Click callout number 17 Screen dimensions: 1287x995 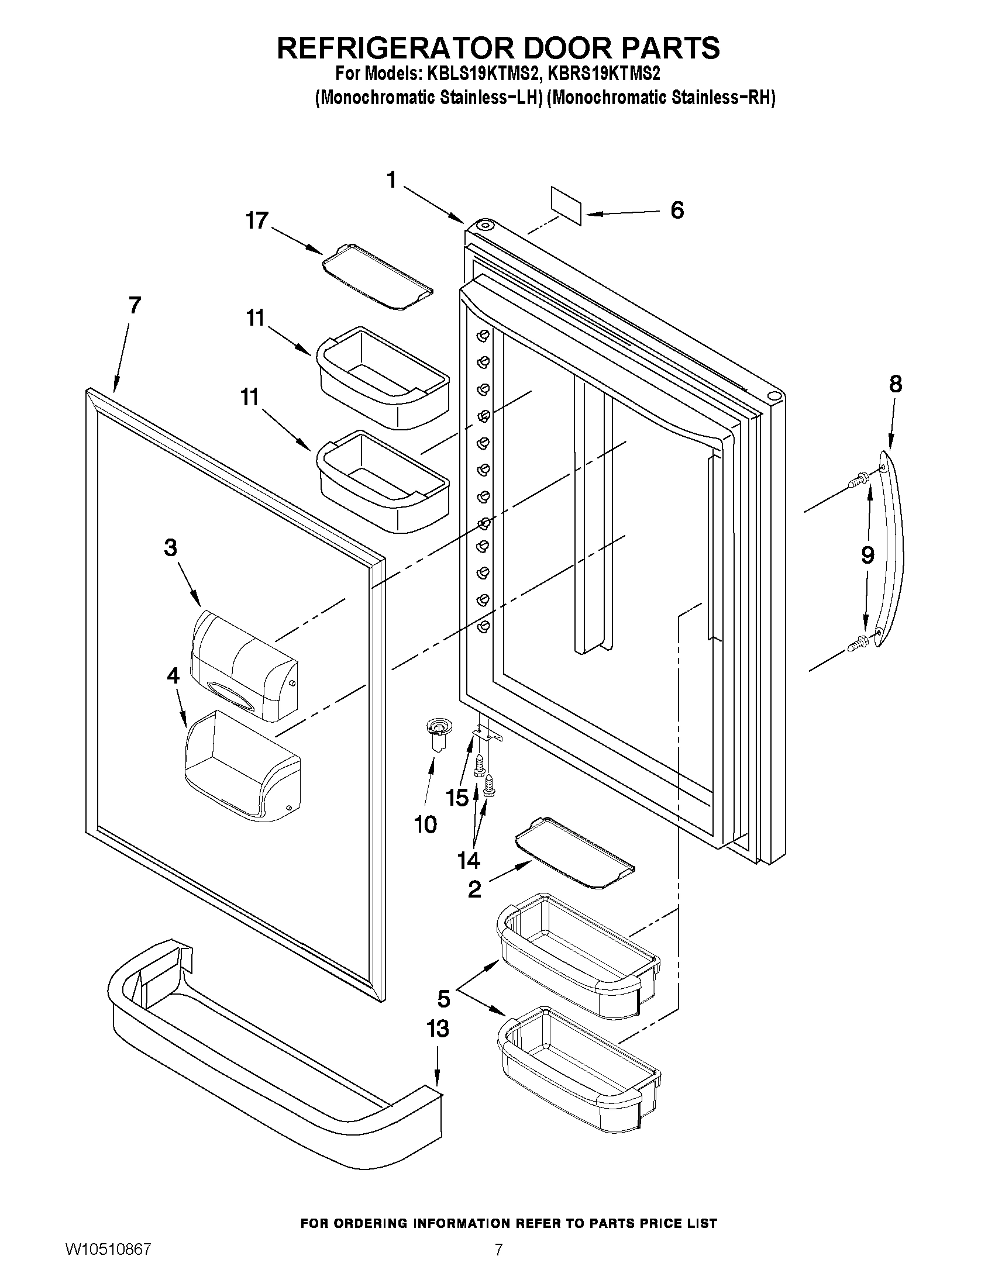coord(257,221)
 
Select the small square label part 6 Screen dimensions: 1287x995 coord(566,205)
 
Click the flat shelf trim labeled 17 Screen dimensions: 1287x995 coord(377,277)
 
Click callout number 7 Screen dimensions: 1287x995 coord(135,305)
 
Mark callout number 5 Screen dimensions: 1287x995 coord(443,998)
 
